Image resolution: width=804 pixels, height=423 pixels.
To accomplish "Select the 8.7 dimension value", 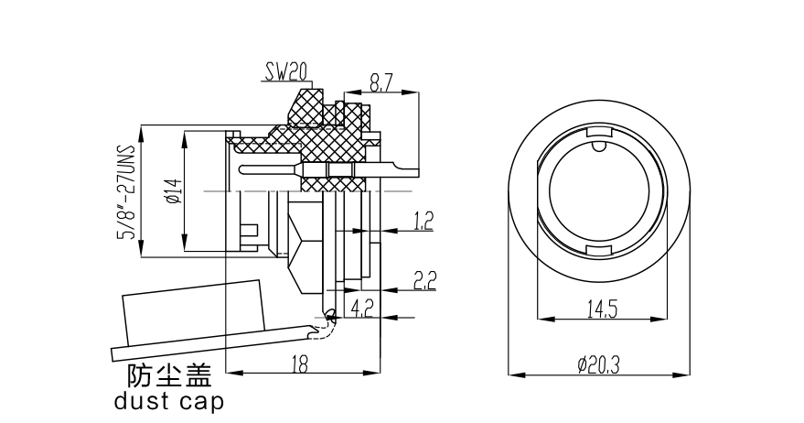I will (x=382, y=83).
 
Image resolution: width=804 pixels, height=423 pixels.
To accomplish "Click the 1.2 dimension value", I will (x=423, y=220).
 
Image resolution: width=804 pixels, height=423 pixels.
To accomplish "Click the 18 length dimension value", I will (x=299, y=363).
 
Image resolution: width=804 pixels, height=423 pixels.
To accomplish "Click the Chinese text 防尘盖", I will (x=169, y=376).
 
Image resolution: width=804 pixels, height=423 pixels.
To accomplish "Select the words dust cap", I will (x=168, y=401).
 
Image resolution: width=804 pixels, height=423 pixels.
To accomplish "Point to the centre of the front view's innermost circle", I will (x=599, y=193).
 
